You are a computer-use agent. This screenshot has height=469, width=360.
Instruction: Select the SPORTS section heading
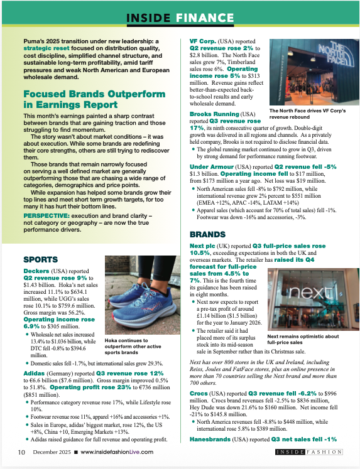point(41,259)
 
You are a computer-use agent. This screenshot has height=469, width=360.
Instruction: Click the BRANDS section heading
point(209,232)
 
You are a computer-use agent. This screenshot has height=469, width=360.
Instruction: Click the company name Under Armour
point(212,166)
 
